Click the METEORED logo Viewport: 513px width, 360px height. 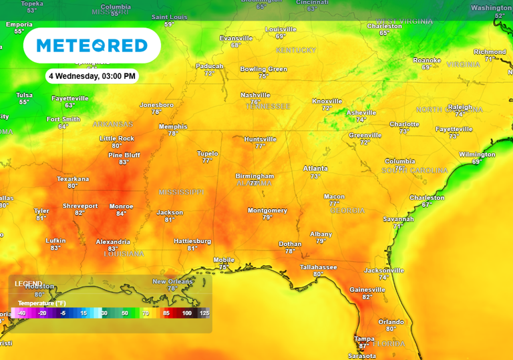(92, 45)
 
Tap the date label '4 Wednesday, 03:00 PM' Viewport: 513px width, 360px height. (92, 76)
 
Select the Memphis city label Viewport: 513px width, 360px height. (172, 126)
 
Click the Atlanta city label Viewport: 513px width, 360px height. (315, 168)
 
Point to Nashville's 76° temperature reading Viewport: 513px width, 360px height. (255, 102)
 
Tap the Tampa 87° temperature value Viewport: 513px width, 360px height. (364, 346)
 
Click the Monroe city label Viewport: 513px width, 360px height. (121, 206)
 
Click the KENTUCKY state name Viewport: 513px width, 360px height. (296, 51)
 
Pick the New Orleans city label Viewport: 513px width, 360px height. (172, 281)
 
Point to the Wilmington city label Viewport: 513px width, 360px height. (477, 154)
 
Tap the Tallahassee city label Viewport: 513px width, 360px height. (318, 266)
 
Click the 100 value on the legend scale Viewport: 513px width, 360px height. (186, 313)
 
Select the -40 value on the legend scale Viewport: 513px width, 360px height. (21, 313)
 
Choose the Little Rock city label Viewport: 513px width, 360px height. (117, 138)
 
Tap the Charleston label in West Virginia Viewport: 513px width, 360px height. (384, 26)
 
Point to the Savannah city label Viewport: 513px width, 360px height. (398, 218)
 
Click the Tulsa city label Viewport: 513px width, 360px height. (24, 95)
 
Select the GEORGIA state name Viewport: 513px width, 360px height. (347, 211)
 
